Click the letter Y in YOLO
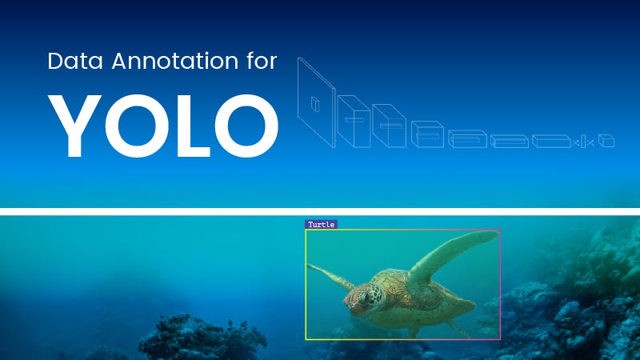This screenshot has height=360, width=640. tap(75, 126)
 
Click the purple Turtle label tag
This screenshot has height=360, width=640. tap(321, 225)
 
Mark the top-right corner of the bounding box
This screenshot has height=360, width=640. tap(500, 230)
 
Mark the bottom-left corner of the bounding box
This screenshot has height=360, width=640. tap(306, 339)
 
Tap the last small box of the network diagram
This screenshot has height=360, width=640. tap(607, 142)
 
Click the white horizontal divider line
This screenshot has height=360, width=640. tap(320, 211)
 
